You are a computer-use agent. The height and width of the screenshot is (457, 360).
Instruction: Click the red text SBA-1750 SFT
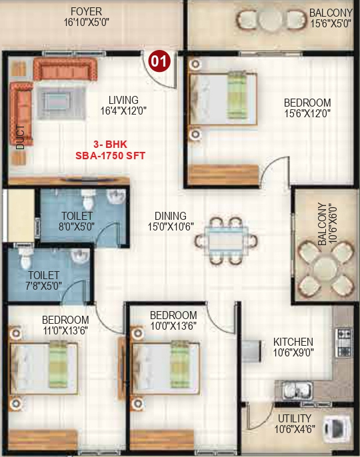(x=110, y=155)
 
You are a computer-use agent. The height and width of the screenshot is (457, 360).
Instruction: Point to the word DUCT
(x=21, y=138)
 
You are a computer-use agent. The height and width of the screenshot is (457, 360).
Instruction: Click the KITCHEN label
(x=293, y=342)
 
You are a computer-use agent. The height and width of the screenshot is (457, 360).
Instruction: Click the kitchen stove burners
(x=344, y=342)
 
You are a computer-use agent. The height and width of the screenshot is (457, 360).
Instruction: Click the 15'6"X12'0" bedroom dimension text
(x=307, y=113)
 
